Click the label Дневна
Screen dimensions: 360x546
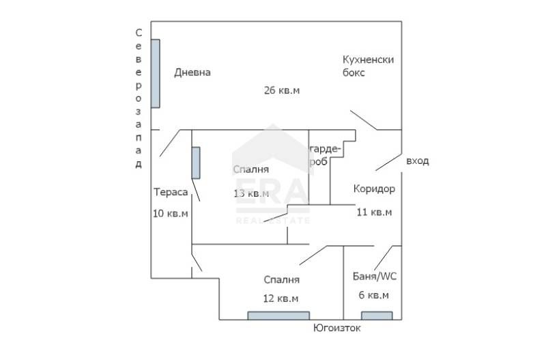coord(192,73)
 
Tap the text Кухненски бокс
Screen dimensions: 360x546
coord(368,66)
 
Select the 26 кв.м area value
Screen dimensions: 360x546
coord(282,90)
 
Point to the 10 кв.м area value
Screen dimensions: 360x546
coord(171,213)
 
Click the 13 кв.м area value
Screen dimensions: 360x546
coord(251,193)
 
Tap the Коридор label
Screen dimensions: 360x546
coord(373,189)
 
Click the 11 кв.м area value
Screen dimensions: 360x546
coord(374,212)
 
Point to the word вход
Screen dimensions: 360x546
coord(417,161)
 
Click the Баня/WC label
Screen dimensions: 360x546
coord(374,277)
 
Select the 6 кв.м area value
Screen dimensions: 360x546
coord(374,295)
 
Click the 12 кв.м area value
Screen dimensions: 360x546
coord(281,298)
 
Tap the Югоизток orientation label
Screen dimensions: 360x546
coord(336,329)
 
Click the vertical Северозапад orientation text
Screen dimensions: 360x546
coord(139,98)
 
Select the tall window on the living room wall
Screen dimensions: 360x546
coord(156,73)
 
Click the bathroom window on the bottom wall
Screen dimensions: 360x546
coord(377,316)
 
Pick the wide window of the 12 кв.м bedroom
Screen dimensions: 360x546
coord(278,316)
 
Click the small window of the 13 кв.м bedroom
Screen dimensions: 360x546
coord(196,163)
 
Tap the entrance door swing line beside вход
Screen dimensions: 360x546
coord(388,161)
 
